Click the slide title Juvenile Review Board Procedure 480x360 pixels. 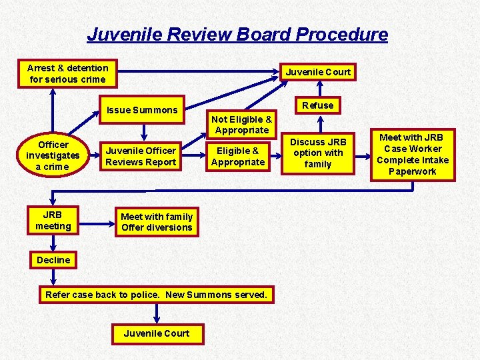(237, 35)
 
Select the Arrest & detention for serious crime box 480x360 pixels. (67, 73)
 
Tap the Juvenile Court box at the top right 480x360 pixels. (318, 72)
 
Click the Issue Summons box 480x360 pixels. (142, 110)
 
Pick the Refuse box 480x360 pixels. (318, 105)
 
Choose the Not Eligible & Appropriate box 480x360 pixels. (241, 125)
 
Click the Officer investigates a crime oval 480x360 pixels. (53, 155)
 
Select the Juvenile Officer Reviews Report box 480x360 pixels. (141, 156)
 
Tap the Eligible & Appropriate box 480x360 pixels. (238, 156)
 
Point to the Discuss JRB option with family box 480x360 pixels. (317, 153)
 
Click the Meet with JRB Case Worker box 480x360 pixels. (413, 155)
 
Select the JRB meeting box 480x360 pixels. (53, 221)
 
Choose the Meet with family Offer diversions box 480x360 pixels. (157, 222)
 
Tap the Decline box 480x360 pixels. (53, 260)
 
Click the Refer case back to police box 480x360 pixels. (156, 295)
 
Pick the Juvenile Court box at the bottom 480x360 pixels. (157, 333)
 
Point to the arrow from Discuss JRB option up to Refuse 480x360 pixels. (318, 125)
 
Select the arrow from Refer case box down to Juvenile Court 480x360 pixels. (157, 313)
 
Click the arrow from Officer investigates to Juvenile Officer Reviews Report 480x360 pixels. (94, 155)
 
